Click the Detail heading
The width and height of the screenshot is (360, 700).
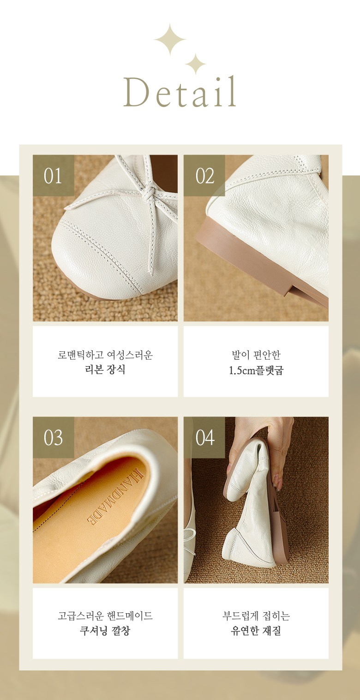tap(180, 91)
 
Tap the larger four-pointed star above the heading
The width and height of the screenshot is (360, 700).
tap(170, 39)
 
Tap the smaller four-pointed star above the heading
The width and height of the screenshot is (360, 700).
tap(195, 64)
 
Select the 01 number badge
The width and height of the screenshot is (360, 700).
tap(54, 175)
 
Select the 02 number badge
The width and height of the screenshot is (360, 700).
tap(204, 175)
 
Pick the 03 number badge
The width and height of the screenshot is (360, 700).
tap(54, 437)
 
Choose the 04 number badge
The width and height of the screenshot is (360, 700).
tap(204, 437)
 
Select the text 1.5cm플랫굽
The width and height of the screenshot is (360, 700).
tap(256, 370)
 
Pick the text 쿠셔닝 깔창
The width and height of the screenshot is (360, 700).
tap(105, 631)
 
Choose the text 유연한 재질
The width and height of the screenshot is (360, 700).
tap(256, 631)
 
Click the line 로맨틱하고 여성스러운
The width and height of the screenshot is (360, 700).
tap(105, 355)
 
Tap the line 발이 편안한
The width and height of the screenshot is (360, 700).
tap(256, 355)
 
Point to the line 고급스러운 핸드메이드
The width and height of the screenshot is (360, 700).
tap(105, 616)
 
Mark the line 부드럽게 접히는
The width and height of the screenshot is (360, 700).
tap(256, 616)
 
